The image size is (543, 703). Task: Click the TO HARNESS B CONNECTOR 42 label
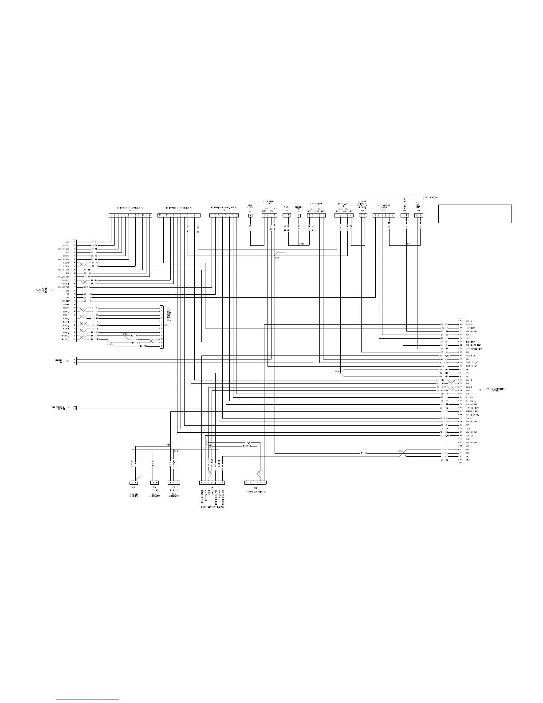click(x=130, y=208)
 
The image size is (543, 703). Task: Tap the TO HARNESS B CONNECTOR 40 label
click(x=224, y=208)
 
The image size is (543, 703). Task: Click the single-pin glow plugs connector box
click(x=250, y=216)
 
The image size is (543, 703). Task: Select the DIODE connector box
click(x=287, y=216)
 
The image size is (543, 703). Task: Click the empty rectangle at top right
click(x=475, y=213)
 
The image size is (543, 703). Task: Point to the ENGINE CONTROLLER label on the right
click(x=496, y=389)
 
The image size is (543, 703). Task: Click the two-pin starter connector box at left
click(x=75, y=361)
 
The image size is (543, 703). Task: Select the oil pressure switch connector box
click(x=75, y=407)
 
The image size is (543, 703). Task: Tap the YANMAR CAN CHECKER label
click(x=256, y=492)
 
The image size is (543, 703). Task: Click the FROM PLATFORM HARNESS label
click(x=212, y=507)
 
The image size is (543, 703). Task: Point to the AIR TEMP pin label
click(x=65, y=301)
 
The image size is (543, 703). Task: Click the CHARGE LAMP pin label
click(x=472, y=411)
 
